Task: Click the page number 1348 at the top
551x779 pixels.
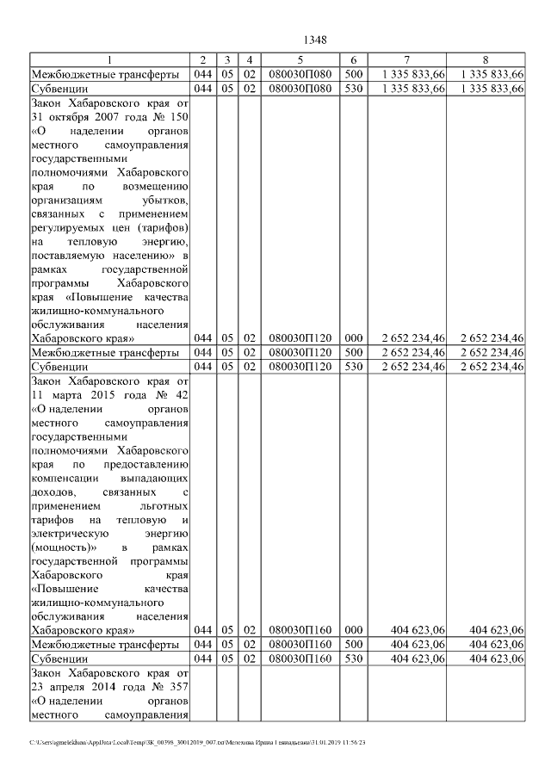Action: tap(315, 40)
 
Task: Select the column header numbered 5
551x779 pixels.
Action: tap(299, 59)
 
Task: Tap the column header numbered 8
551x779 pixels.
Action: tap(486, 59)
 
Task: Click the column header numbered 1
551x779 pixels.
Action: tap(109, 59)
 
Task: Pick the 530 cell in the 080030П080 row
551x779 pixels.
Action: tap(353, 88)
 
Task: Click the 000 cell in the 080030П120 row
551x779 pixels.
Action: tap(353, 337)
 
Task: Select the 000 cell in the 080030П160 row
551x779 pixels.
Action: tap(353, 630)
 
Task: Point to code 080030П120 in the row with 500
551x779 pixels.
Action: tap(299, 352)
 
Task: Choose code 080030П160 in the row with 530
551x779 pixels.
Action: tap(299, 658)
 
